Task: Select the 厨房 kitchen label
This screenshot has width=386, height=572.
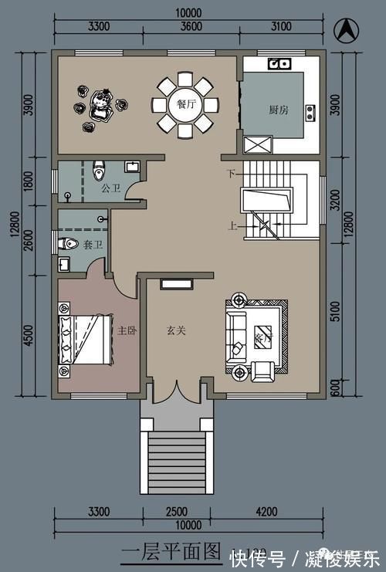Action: tap(279, 110)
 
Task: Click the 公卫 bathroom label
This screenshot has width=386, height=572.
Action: tap(110, 188)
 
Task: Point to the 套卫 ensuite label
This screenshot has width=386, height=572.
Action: tap(93, 244)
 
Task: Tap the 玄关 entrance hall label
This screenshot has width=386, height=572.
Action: tap(175, 330)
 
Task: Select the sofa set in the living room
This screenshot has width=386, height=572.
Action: tap(256, 338)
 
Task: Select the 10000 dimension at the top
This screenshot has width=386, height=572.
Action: tap(188, 13)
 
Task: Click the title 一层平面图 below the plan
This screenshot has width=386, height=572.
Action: tap(171, 552)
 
